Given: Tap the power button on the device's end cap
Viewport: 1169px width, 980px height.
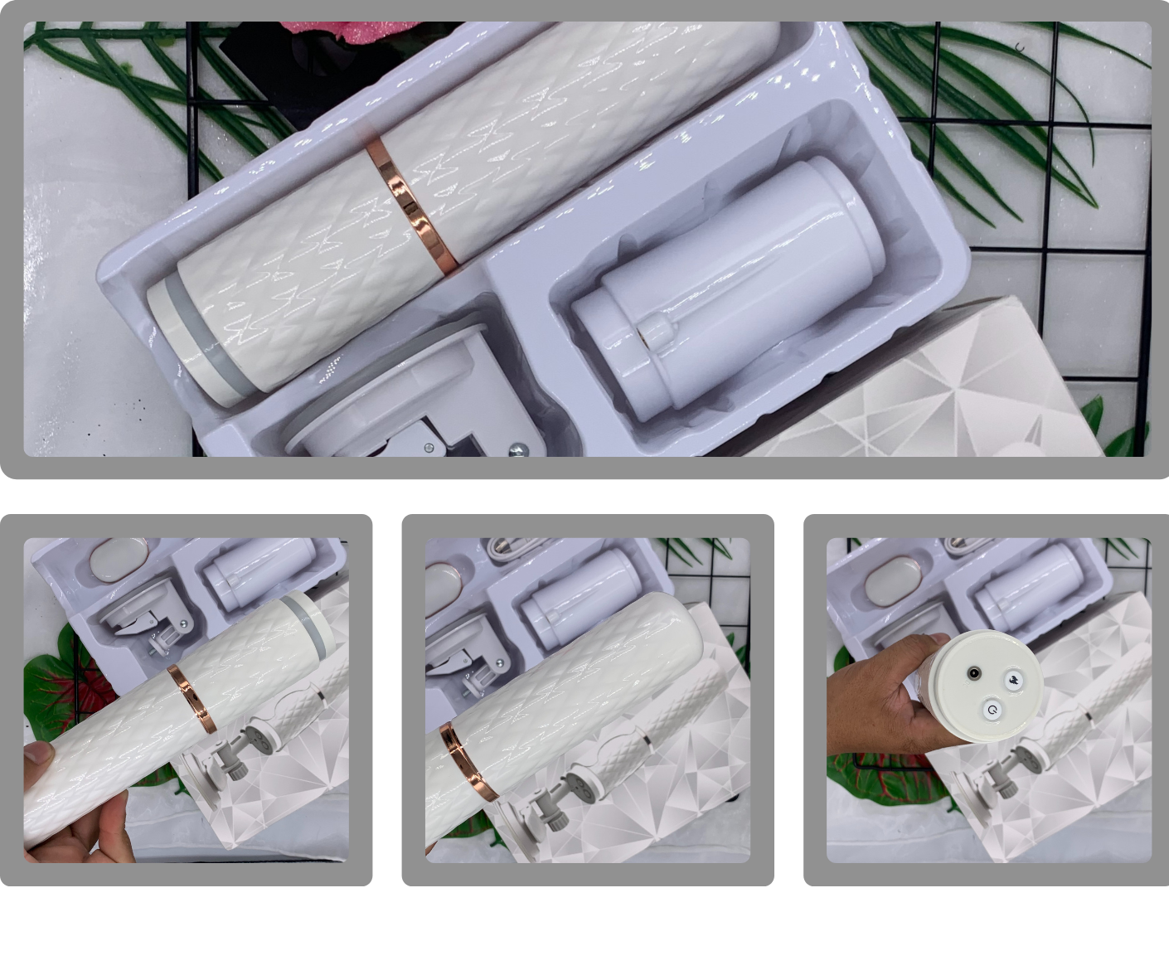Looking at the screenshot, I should point(991,710).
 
